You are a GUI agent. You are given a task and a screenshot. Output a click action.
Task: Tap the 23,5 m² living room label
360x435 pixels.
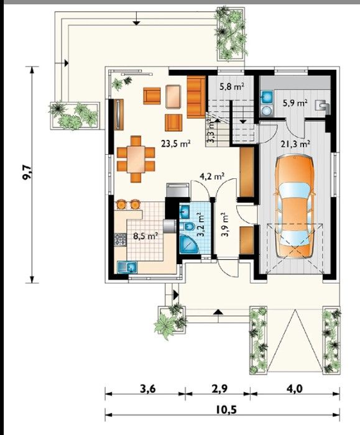[176, 144]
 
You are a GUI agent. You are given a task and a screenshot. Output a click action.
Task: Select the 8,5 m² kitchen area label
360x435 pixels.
[145, 236]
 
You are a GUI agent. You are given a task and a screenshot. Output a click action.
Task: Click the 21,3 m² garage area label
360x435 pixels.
[295, 144]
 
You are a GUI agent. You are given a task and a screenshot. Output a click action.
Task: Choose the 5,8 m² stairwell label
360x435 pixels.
[232, 87]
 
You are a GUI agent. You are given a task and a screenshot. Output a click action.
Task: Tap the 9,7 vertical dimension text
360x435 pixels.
[28, 173]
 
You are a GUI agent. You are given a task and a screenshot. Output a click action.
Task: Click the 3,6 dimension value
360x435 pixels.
[147, 389]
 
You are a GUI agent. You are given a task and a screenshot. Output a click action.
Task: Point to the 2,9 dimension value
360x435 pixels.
[219, 389]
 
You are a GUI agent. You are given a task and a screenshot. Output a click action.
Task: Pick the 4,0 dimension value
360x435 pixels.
[295, 389]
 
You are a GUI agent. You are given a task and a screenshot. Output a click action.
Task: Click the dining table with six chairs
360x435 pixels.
[136, 159]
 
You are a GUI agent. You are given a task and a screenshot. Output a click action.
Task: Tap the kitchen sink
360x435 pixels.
[127, 267]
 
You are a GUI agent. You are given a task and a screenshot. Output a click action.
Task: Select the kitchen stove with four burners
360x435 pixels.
[121, 239]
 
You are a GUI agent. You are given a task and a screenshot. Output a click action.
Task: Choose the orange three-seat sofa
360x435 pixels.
[196, 97]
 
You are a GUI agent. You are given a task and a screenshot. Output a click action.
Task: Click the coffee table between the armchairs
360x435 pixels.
[173, 96]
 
